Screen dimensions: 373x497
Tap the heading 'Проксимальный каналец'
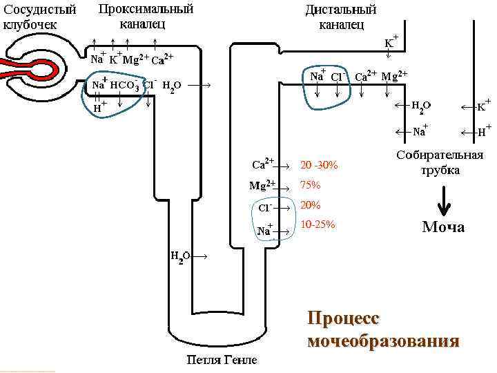[x=145, y=17]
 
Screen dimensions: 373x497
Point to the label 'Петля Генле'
[x=222, y=360]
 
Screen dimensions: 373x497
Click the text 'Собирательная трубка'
[x=440, y=162]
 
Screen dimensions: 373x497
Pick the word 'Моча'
[x=443, y=227]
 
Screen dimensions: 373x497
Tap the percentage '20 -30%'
[x=320, y=165]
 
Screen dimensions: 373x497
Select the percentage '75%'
[x=311, y=185]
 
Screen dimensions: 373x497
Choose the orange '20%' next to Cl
[x=311, y=205]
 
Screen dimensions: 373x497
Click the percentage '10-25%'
[x=318, y=225]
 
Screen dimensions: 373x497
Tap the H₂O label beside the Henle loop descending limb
[x=180, y=257]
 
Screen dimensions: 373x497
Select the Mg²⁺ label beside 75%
[x=262, y=185]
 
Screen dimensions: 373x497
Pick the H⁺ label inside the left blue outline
[x=100, y=107]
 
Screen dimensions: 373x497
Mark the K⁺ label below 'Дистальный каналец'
[x=391, y=41]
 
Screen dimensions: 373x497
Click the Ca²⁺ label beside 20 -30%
[x=263, y=164]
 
